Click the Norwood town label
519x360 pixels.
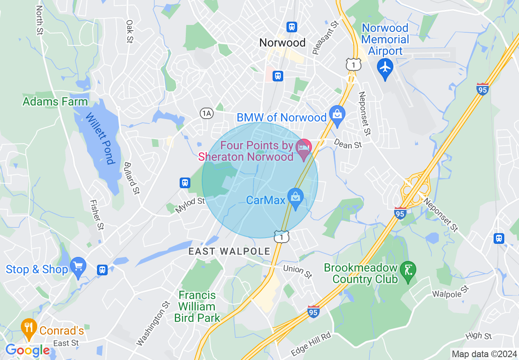coord(282,43)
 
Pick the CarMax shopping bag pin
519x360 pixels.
coord(295,197)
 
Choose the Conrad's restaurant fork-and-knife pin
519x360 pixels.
coord(29,326)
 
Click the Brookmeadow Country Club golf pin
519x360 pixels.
coord(408,270)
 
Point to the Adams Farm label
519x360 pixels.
coord(55,101)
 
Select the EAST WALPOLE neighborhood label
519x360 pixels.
coord(229,252)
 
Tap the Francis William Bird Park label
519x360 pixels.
coord(197,306)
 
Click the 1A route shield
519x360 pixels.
coord(207,113)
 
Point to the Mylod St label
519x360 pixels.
coord(190,205)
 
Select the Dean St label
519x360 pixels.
coord(348,144)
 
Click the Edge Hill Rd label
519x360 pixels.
coord(311,344)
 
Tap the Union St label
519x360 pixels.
coord(298,271)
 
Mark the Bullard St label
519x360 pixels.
coord(132,178)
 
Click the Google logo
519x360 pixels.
coord(27,351)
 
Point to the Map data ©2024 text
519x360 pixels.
coord(484,354)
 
